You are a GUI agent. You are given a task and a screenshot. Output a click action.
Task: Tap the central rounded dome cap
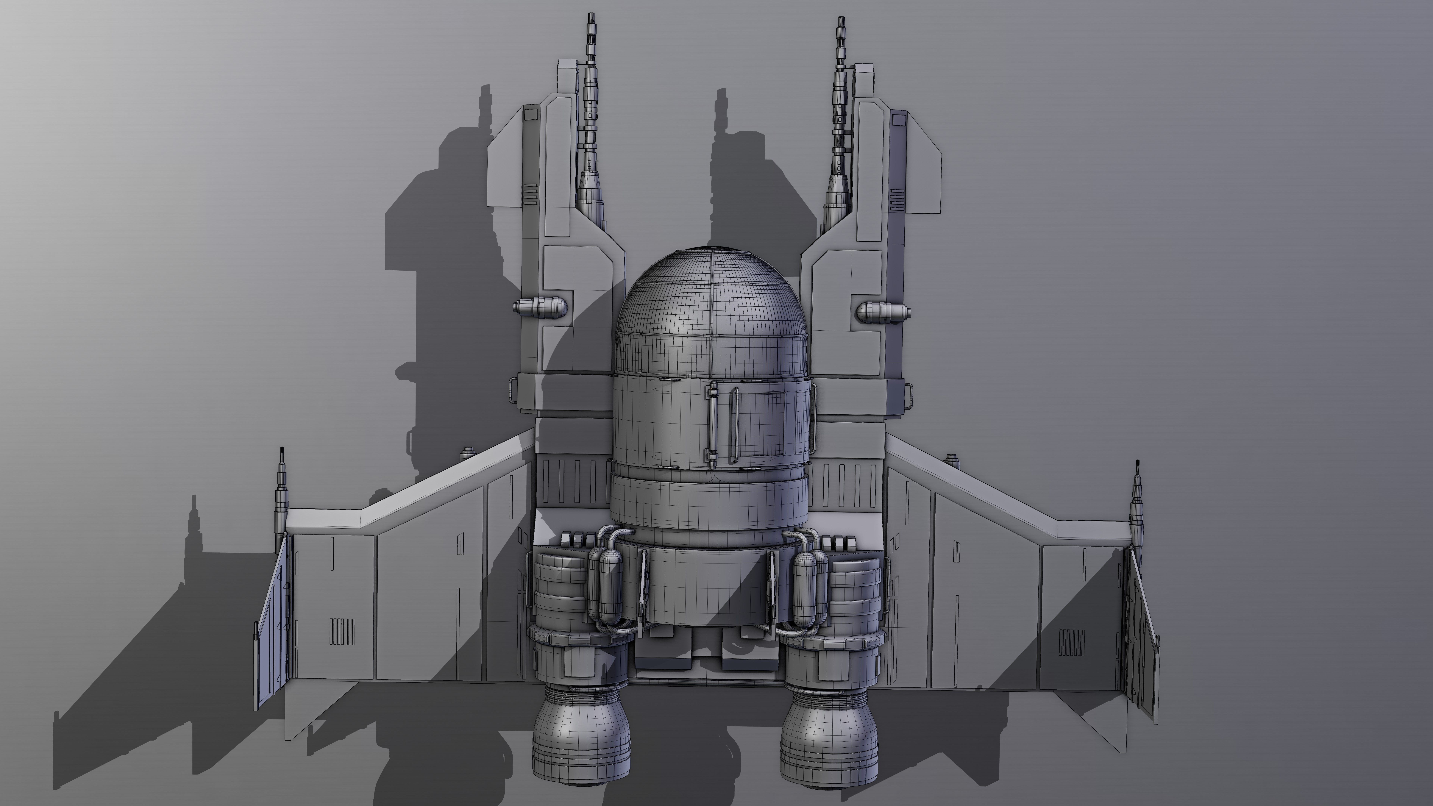711,312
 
